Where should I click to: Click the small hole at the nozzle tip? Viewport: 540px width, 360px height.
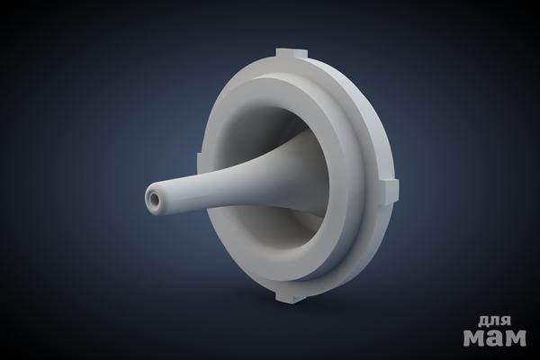(153, 199)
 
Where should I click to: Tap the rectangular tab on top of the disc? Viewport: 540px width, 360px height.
(291, 53)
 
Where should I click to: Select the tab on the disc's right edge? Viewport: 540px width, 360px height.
(391, 191)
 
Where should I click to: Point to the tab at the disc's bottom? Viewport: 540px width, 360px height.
(290, 296)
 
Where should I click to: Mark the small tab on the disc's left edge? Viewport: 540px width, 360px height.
(199, 162)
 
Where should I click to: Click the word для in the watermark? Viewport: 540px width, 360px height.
(494, 321)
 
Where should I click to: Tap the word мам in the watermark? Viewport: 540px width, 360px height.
(494, 337)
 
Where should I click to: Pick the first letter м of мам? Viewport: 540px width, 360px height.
(474, 337)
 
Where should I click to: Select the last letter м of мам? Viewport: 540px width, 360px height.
(515, 337)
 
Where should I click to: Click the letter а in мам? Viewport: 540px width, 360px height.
(494, 337)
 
